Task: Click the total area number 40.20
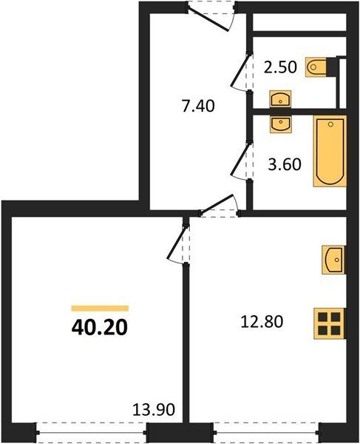point(100,327)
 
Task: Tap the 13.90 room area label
point(154,409)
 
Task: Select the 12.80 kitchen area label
point(262,322)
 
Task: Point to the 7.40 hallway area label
point(198,107)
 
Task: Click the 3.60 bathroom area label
point(285,164)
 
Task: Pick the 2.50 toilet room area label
point(281,67)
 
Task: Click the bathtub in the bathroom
point(330,151)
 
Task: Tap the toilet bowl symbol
point(316,67)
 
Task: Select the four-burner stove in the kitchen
point(330,323)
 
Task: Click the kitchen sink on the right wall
point(333,260)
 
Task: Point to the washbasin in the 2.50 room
point(280,99)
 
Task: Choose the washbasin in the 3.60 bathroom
point(280,124)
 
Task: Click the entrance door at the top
point(211,16)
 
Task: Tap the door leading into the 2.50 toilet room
point(242,71)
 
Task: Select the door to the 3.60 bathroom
point(242,161)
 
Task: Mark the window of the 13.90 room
point(92,433)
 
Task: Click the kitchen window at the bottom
point(266,433)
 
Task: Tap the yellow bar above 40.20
point(100,309)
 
